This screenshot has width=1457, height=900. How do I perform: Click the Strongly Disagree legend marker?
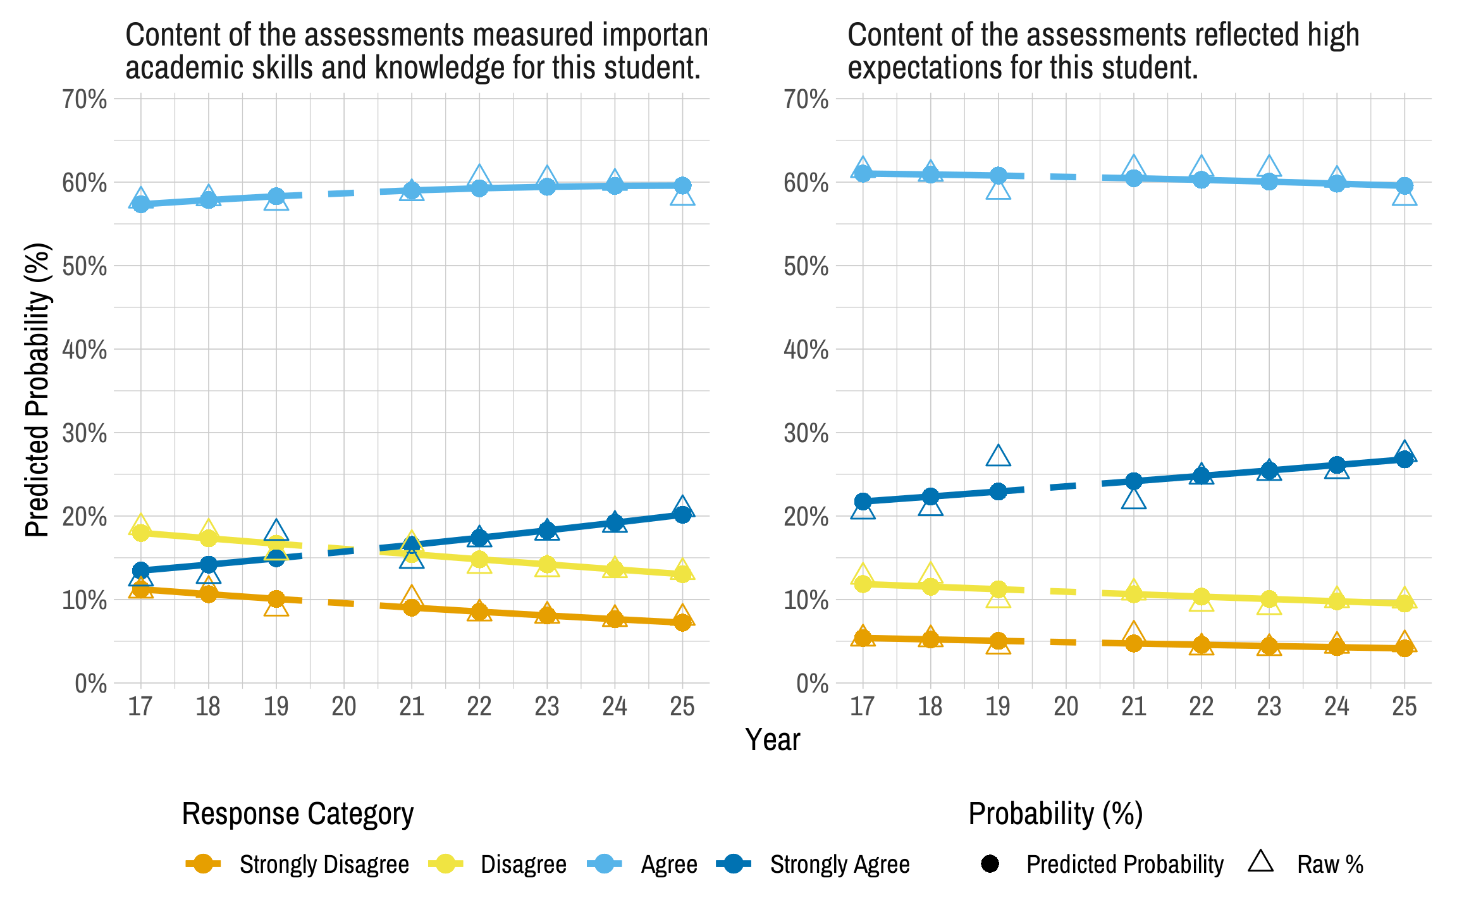pyautogui.click(x=203, y=864)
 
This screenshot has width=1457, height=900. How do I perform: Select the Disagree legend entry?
pyautogui.click(x=523, y=865)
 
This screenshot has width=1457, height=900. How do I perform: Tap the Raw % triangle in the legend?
pyautogui.click(x=1261, y=862)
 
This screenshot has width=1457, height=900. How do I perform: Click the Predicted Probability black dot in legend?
pyautogui.click(x=990, y=864)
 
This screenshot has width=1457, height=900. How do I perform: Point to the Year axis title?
pyautogui.click(x=772, y=739)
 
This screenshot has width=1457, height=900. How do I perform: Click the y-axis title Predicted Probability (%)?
pyautogui.click(x=37, y=390)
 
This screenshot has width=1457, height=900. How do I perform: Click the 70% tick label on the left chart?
pyautogui.click(x=85, y=99)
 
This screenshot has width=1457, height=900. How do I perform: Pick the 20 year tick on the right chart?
pyautogui.click(x=1066, y=706)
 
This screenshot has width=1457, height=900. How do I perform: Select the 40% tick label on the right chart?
pyautogui.click(x=806, y=349)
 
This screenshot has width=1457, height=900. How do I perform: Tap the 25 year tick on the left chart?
pyautogui.click(x=682, y=706)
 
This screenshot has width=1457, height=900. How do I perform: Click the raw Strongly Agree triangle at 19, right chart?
pyautogui.click(x=998, y=456)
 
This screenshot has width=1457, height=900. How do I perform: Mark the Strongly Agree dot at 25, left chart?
pyautogui.click(x=682, y=515)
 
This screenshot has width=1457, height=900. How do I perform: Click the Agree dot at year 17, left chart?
pyautogui.click(x=140, y=204)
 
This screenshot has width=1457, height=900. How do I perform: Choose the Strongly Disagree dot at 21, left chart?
pyautogui.click(x=412, y=607)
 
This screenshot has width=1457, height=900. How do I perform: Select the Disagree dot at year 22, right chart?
pyautogui.click(x=1201, y=596)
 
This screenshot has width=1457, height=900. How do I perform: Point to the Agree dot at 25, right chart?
pyautogui.click(x=1404, y=186)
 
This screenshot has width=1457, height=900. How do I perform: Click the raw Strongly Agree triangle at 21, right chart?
pyautogui.click(x=1134, y=499)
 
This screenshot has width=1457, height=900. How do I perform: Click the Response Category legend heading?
pyautogui.click(x=297, y=814)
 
